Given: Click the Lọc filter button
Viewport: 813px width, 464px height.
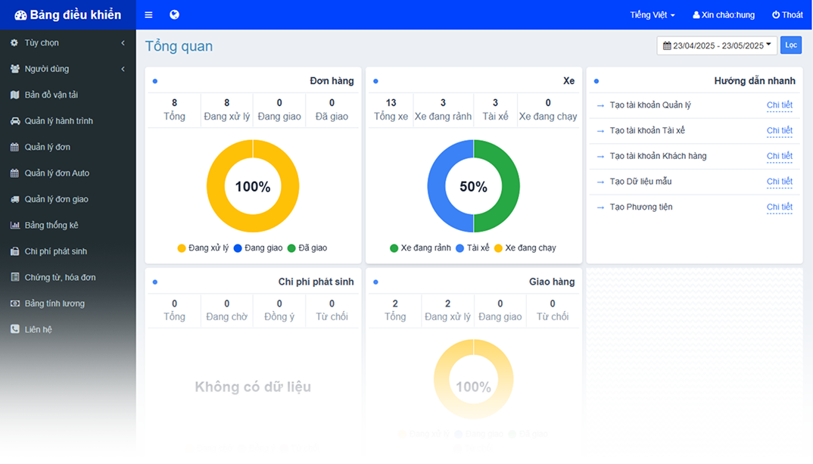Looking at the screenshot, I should pos(791,45).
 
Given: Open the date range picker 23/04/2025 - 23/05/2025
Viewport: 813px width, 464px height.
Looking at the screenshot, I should pos(716,45).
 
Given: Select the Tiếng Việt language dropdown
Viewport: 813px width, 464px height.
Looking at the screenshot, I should pos(653,15).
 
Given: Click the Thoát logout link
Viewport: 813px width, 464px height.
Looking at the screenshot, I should pos(787,15).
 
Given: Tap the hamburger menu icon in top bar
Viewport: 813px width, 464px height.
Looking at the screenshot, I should pos(149,15).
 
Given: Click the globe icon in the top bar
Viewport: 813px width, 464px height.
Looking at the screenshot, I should pos(174,15).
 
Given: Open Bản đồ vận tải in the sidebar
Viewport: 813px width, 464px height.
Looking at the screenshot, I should pos(51,95).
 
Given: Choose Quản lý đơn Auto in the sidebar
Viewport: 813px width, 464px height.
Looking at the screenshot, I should pos(57,173).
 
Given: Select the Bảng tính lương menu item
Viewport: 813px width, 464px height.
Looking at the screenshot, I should pos(55,304).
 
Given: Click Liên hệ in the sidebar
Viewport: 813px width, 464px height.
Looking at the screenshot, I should pos(38,329).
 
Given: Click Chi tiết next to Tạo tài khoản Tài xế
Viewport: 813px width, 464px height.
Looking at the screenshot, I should pos(779,130).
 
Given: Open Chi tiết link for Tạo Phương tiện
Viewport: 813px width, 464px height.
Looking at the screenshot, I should pos(779,207).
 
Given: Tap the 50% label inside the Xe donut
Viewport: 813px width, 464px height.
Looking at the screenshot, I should pos(474,187).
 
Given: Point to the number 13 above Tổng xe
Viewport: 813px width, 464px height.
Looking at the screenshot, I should pos(391,103).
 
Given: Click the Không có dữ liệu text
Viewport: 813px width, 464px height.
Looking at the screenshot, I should pos(253,388).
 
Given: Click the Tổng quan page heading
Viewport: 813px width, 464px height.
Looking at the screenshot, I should pos(179,46).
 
